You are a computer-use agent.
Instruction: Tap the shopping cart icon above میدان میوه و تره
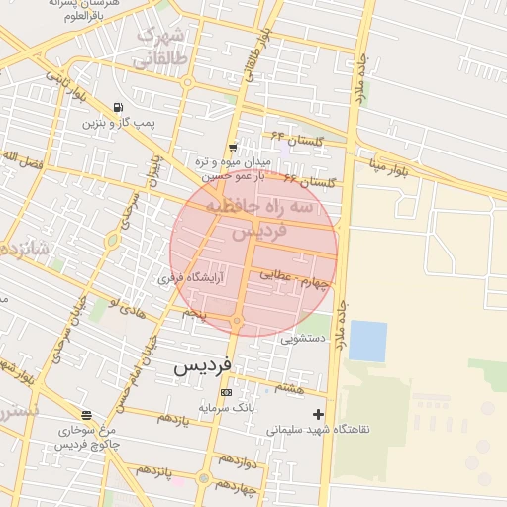(232, 146)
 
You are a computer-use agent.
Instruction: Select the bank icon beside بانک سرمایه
(227, 392)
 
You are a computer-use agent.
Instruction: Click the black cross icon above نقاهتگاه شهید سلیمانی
(318, 413)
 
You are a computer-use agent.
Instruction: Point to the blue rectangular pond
(367, 341)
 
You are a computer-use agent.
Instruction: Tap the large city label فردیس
(203, 365)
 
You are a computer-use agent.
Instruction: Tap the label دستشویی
(302, 338)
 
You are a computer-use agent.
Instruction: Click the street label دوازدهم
(239, 461)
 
